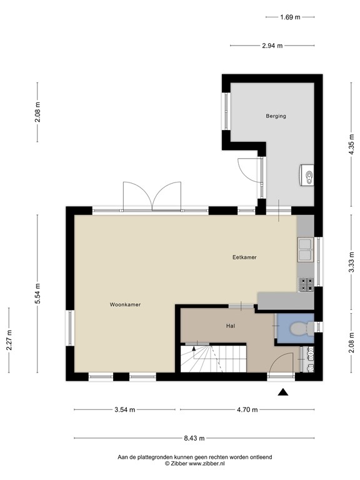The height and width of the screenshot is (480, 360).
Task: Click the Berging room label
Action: click(x=276, y=116)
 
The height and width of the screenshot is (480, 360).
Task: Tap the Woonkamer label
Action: click(x=125, y=304)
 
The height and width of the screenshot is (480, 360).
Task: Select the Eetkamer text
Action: click(x=244, y=257)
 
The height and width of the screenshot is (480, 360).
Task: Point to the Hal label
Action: click(x=231, y=326)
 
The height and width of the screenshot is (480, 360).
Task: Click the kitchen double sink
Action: click(x=305, y=250)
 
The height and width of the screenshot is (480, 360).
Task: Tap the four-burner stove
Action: click(x=306, y=284)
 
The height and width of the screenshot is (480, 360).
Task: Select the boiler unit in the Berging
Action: click(x=307, y=175)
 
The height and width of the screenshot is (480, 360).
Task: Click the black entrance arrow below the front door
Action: click(x=283, y=392)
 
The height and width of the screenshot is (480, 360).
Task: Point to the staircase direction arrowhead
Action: click(x=194, y=348)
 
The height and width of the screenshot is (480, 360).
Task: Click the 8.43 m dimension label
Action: click(x=194, y=438)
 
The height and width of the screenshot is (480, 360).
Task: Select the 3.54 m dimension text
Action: click(x=125, y=409)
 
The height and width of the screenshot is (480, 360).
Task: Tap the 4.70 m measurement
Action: click(x=247, y=409)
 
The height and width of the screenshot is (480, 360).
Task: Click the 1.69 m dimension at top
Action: click(x=290, y=17)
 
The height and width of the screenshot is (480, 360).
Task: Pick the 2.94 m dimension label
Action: click(x=272, y=46)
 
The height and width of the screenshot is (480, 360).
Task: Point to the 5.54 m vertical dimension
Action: click(x=37, y=294)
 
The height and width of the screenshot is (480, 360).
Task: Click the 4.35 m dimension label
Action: click(x=351, y=144)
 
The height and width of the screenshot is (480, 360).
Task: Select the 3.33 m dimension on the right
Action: click(x=351, y=262)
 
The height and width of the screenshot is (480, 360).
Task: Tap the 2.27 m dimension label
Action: click(x=9, y=340)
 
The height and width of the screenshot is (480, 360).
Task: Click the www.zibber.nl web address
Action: click(x=207, y=464)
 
